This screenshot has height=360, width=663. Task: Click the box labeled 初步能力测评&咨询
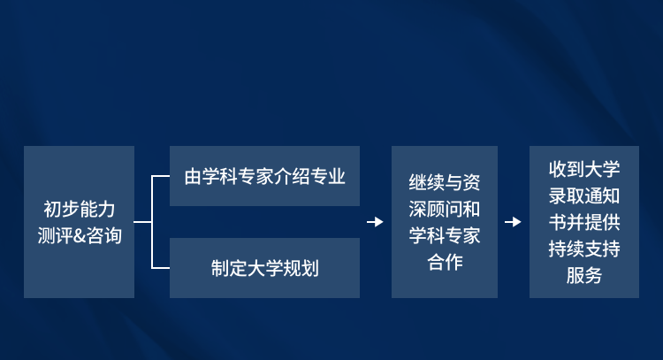79,222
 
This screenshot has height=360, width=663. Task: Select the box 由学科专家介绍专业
264,176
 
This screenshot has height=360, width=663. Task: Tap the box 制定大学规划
264,268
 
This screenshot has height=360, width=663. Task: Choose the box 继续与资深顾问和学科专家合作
445,222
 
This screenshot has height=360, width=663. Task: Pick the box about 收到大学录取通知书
584,222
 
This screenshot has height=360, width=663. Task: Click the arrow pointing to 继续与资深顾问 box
375,222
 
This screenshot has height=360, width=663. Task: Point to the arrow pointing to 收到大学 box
513,222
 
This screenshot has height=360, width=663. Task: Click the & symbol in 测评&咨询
80,236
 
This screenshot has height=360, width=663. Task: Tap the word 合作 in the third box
445,262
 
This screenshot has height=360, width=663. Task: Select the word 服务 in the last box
584,275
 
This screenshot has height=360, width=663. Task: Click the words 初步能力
80,210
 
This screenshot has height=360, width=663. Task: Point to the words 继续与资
445,182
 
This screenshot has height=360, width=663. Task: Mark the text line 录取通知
584,195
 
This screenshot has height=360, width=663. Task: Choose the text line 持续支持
584,249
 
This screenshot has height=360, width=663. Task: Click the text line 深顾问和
445,209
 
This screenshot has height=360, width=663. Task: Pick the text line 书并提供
584,222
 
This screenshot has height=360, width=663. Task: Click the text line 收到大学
584,169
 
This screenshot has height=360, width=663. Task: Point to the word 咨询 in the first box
104,236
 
